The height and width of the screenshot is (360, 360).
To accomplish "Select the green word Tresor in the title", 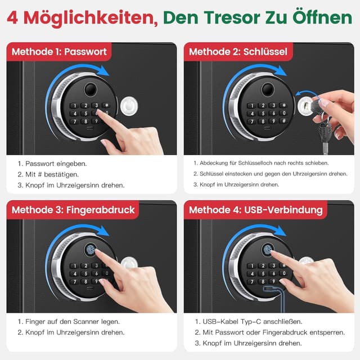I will tap(237, 18).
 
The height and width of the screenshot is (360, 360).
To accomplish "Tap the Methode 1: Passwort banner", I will tap(58, 52).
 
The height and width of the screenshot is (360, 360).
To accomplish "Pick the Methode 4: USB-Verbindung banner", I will tap(255, 210).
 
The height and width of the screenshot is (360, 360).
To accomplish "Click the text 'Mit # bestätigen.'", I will tap(53, 174).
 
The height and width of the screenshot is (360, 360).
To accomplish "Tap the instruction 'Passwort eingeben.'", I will tap(56, 164).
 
